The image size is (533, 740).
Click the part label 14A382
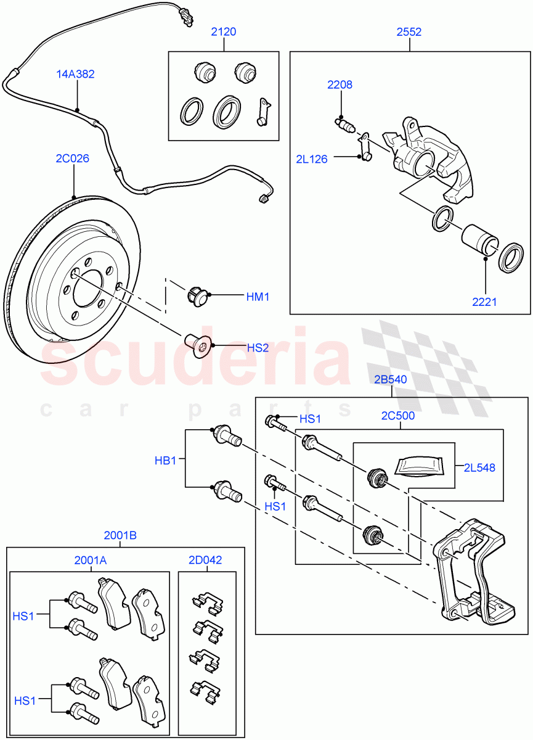(x=76, y=75)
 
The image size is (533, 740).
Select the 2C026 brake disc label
(x=73, y=158)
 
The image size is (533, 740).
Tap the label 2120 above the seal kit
(x=224, y=32)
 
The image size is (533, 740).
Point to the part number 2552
(x=409, y=32)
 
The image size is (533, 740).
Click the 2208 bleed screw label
(x=340, y=85)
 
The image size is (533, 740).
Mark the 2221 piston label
(x=484, y=302)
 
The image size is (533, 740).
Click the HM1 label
(x=258, y=297)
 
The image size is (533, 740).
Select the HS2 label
(x=258, y=348)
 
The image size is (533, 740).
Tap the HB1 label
(x=165, y=460)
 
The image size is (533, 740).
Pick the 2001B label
(x=120, y=536)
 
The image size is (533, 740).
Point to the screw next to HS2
(x=197, y=346)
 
